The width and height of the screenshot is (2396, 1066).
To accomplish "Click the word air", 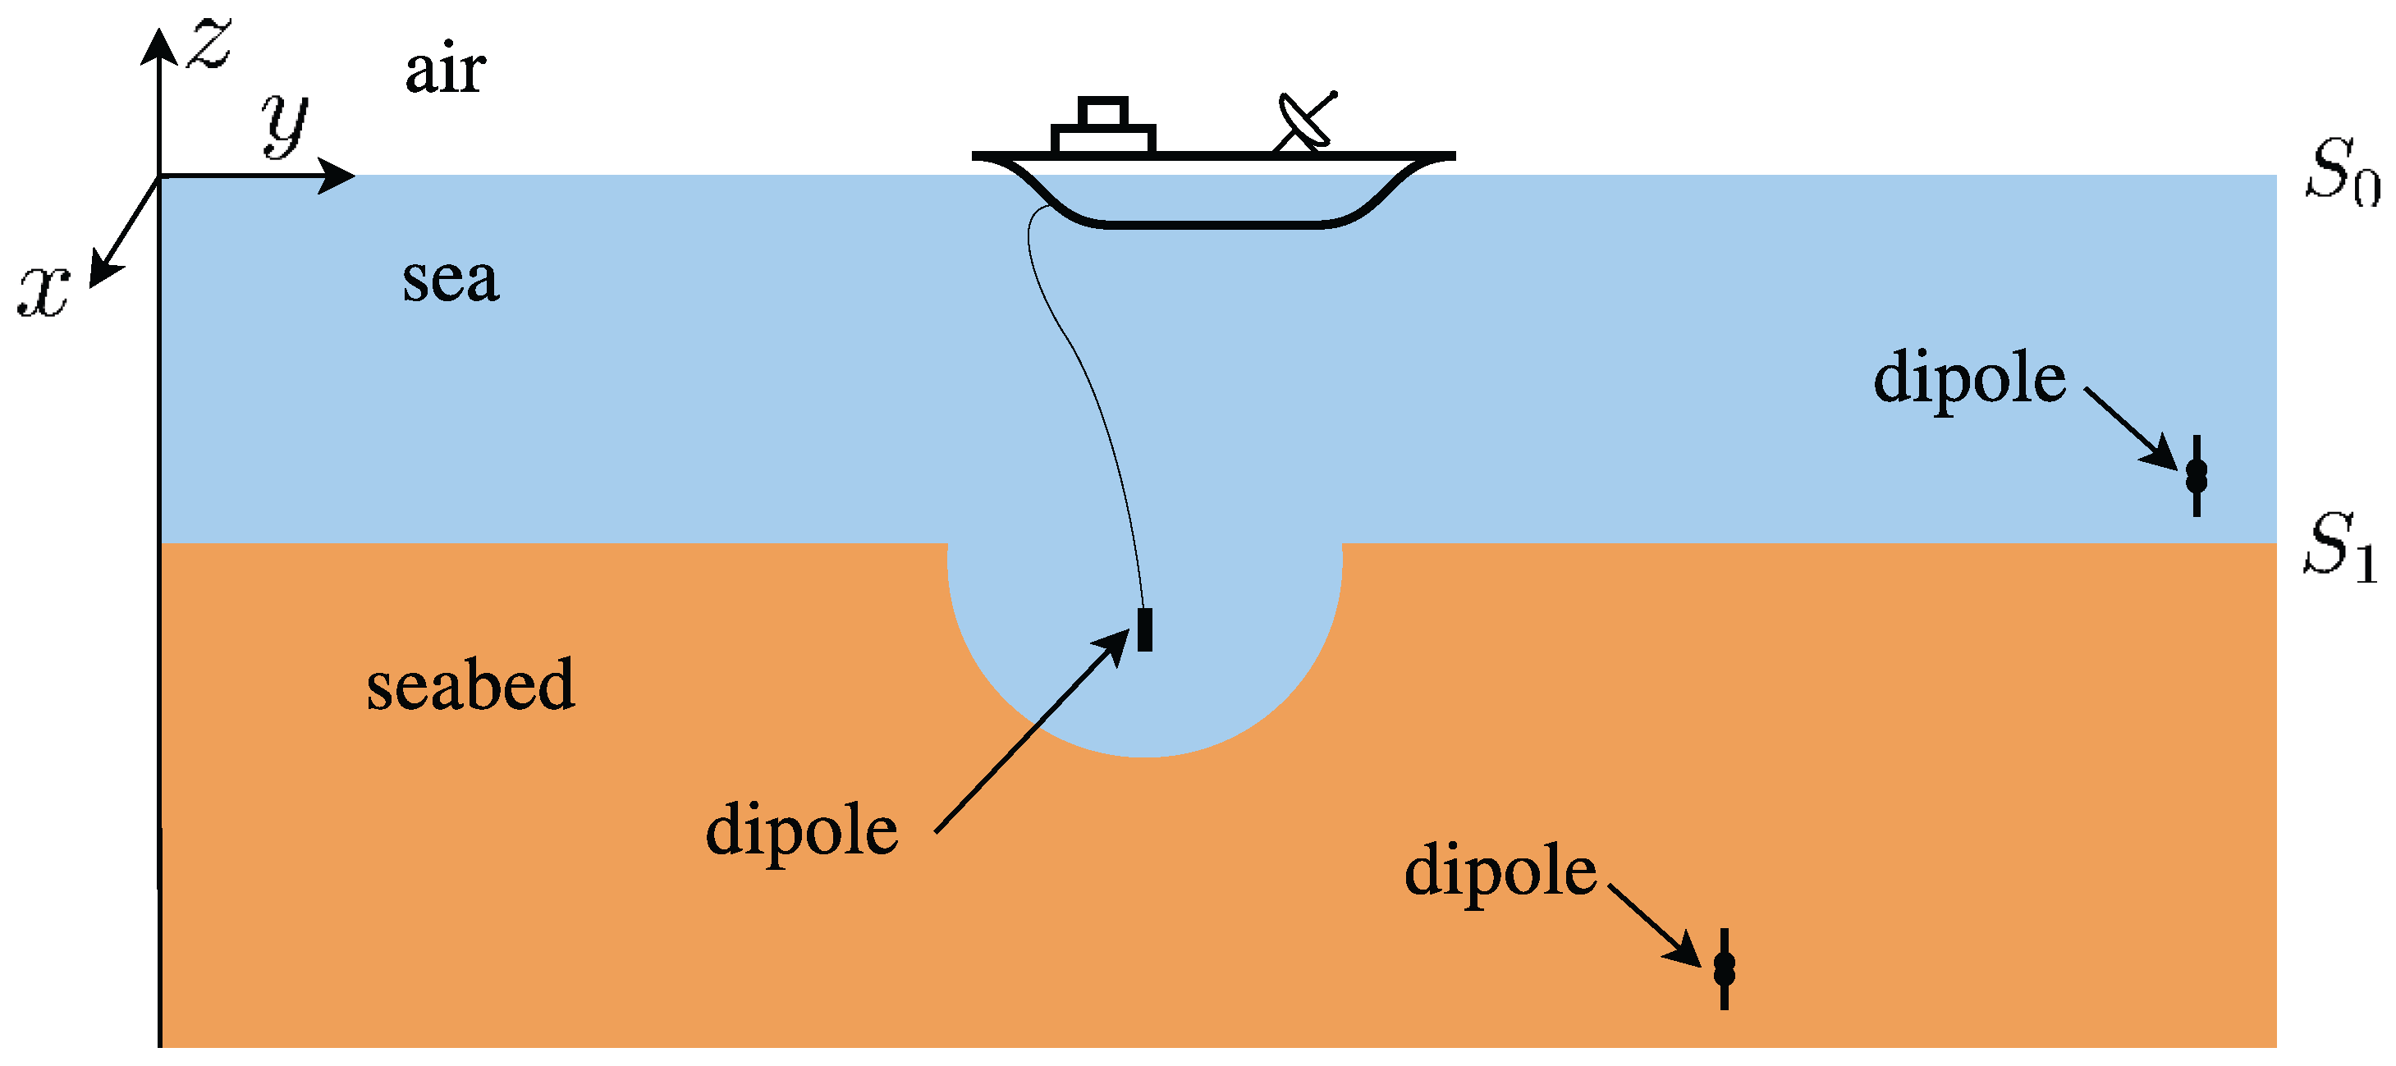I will coord(445,70).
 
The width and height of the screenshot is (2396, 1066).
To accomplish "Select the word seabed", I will coord(470,685).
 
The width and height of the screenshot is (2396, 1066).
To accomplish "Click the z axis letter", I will coord(209,43).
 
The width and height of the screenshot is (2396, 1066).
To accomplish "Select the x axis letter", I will coord(44,291).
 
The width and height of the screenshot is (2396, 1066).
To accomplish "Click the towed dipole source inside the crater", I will coord(1145,629).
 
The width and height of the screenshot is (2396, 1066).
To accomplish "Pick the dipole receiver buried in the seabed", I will coord(1725,969).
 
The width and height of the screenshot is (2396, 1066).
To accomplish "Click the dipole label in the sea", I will coord(1969,378).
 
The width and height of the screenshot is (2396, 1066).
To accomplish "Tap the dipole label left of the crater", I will coord(802,830).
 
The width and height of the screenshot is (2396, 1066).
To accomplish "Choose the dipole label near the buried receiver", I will coord(1500,872).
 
